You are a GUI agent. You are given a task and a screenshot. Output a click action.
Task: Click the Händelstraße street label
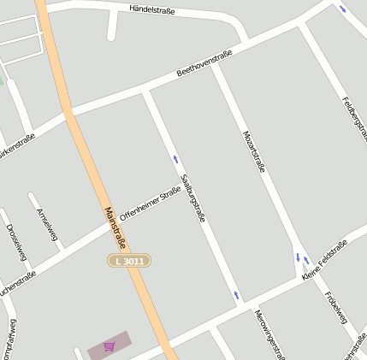point(151,9)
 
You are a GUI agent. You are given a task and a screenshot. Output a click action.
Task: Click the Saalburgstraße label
point(192,198)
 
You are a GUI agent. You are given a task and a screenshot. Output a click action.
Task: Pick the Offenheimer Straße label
point(150,204)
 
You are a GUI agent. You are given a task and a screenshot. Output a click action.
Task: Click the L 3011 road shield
point(129,260)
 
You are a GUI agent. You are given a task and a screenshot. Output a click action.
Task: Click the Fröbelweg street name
point(335,308)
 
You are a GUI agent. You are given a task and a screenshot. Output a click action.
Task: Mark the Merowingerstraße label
point(267,333)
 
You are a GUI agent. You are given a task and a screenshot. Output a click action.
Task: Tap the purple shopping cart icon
point(109,346)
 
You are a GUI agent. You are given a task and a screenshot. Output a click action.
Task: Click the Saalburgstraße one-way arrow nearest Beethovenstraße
point(176,159)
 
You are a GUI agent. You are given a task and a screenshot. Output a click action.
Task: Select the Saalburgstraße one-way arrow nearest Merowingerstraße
point(237,296)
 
